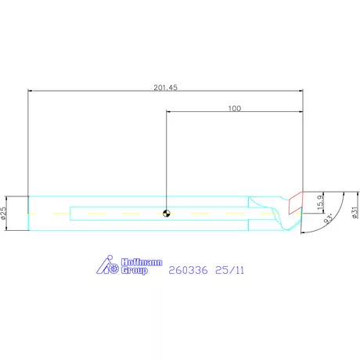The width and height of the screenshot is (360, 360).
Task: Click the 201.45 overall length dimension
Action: [165, 88]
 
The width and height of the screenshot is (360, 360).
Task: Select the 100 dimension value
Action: [235, 109]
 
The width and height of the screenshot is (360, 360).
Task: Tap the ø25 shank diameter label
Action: [3, 213]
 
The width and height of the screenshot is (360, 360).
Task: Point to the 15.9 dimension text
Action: [320, 202]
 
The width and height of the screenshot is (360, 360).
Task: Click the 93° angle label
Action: [329, 219]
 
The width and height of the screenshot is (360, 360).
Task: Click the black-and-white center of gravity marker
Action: [166, 213]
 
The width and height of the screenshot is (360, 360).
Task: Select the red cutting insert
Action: [296, 203]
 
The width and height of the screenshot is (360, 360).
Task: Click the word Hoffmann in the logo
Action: [142, 262]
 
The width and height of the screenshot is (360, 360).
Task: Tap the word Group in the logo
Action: [135, 270]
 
